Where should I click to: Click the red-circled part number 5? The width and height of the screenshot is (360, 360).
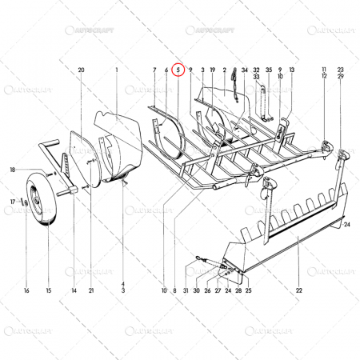point(178,70)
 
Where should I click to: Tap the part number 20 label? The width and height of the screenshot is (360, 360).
point(81,70)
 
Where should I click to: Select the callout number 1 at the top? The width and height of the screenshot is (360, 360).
point(116,70)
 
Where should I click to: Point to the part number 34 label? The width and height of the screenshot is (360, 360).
point(245,70)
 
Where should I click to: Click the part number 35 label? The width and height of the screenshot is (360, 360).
point(269,70)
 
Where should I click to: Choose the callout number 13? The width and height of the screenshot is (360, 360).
point(293,70)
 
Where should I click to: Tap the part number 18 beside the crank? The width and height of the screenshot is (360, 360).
point(13,170)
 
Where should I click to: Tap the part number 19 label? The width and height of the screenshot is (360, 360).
point(213,70)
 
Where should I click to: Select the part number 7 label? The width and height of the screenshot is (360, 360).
point(154,70)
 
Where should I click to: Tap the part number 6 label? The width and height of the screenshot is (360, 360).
point(166,70)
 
